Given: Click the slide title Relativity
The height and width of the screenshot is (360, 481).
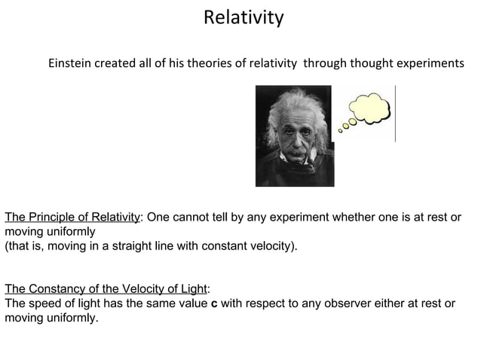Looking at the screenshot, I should pos(243,17).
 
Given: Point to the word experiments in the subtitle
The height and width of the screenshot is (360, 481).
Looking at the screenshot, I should pos(426,63).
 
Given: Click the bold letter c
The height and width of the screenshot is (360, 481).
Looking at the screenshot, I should pos(213,304).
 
